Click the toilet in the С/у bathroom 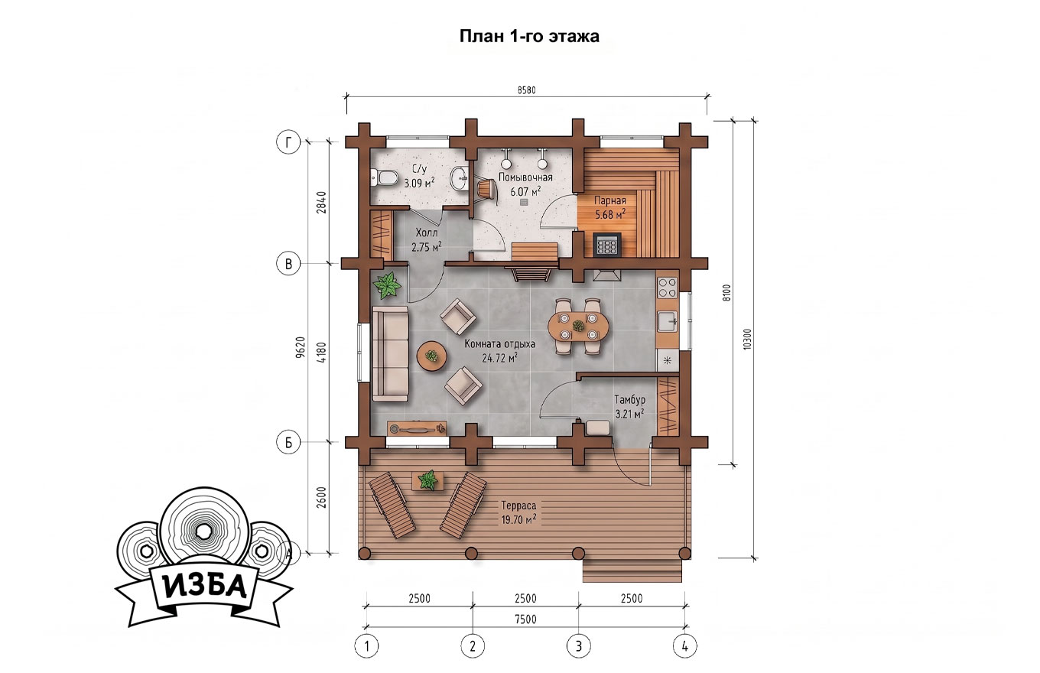(x=385, y=177)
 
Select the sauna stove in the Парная (x=607, y=244)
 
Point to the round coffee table (x=432, y=356)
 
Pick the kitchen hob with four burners (x=667, y=287)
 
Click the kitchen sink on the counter (x=668, y=321)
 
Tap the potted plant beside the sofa (x=386, y=285)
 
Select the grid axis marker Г (x=288, y=142)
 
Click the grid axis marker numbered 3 (x=578, y=646)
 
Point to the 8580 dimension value (x=526, y=90)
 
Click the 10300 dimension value (x=746, y=339)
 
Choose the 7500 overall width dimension (x=525, y=619)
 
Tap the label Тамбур (x=629, y=400)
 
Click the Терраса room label (x=518, y=506)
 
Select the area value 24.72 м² (x=500, y=358)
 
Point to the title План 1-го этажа (x=529, y=36)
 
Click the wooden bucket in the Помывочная (x=486, y=190)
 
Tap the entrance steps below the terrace (x=632, y=571)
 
